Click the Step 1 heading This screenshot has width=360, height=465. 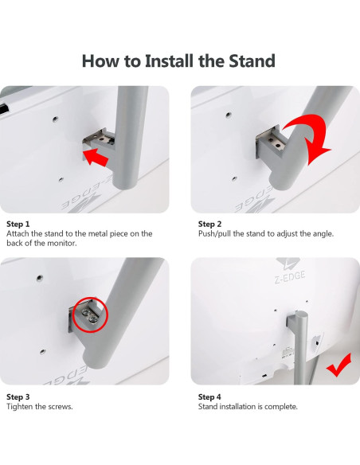point(18,224)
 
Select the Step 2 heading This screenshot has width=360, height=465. point(209,224)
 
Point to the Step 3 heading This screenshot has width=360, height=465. point(18,397)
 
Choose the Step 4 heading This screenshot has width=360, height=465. point(209,397)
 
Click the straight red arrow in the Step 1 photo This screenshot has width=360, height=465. point(96,158)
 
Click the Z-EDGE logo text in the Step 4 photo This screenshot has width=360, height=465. point(290,278)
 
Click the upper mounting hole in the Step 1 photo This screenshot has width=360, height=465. point(55,119)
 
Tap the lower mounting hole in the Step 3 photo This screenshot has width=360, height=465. point(43,351)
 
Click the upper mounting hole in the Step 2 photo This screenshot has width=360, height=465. point(228,115)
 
